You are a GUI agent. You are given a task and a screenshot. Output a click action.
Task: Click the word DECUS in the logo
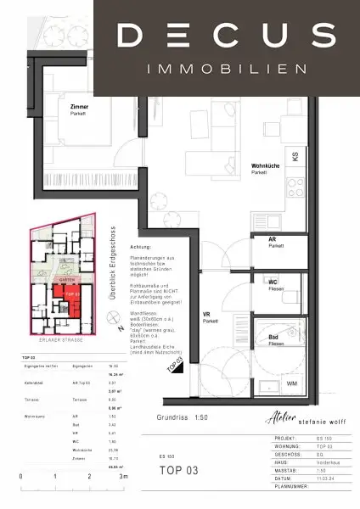[225, 36]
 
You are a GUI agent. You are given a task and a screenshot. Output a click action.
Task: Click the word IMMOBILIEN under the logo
[225, 67]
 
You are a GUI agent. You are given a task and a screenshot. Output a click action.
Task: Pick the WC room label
[273, 281]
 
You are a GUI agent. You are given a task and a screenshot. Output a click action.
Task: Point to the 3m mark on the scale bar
[124, 478]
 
